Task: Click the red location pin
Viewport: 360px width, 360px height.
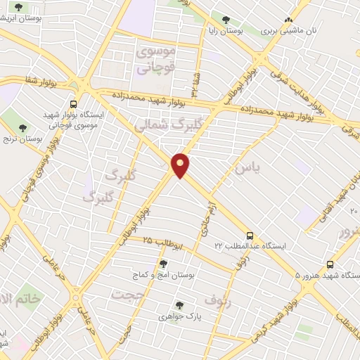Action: click(181, 165)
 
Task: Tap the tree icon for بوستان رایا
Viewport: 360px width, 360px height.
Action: click(226, 21)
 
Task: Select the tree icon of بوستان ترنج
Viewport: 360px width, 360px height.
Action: click(22, 128)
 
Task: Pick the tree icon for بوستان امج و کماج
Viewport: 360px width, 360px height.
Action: click(164, 264)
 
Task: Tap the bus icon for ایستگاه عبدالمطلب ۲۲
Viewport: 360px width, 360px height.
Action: click(250, 236)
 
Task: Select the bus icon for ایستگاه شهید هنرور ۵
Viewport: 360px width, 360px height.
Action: click(349, 262)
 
